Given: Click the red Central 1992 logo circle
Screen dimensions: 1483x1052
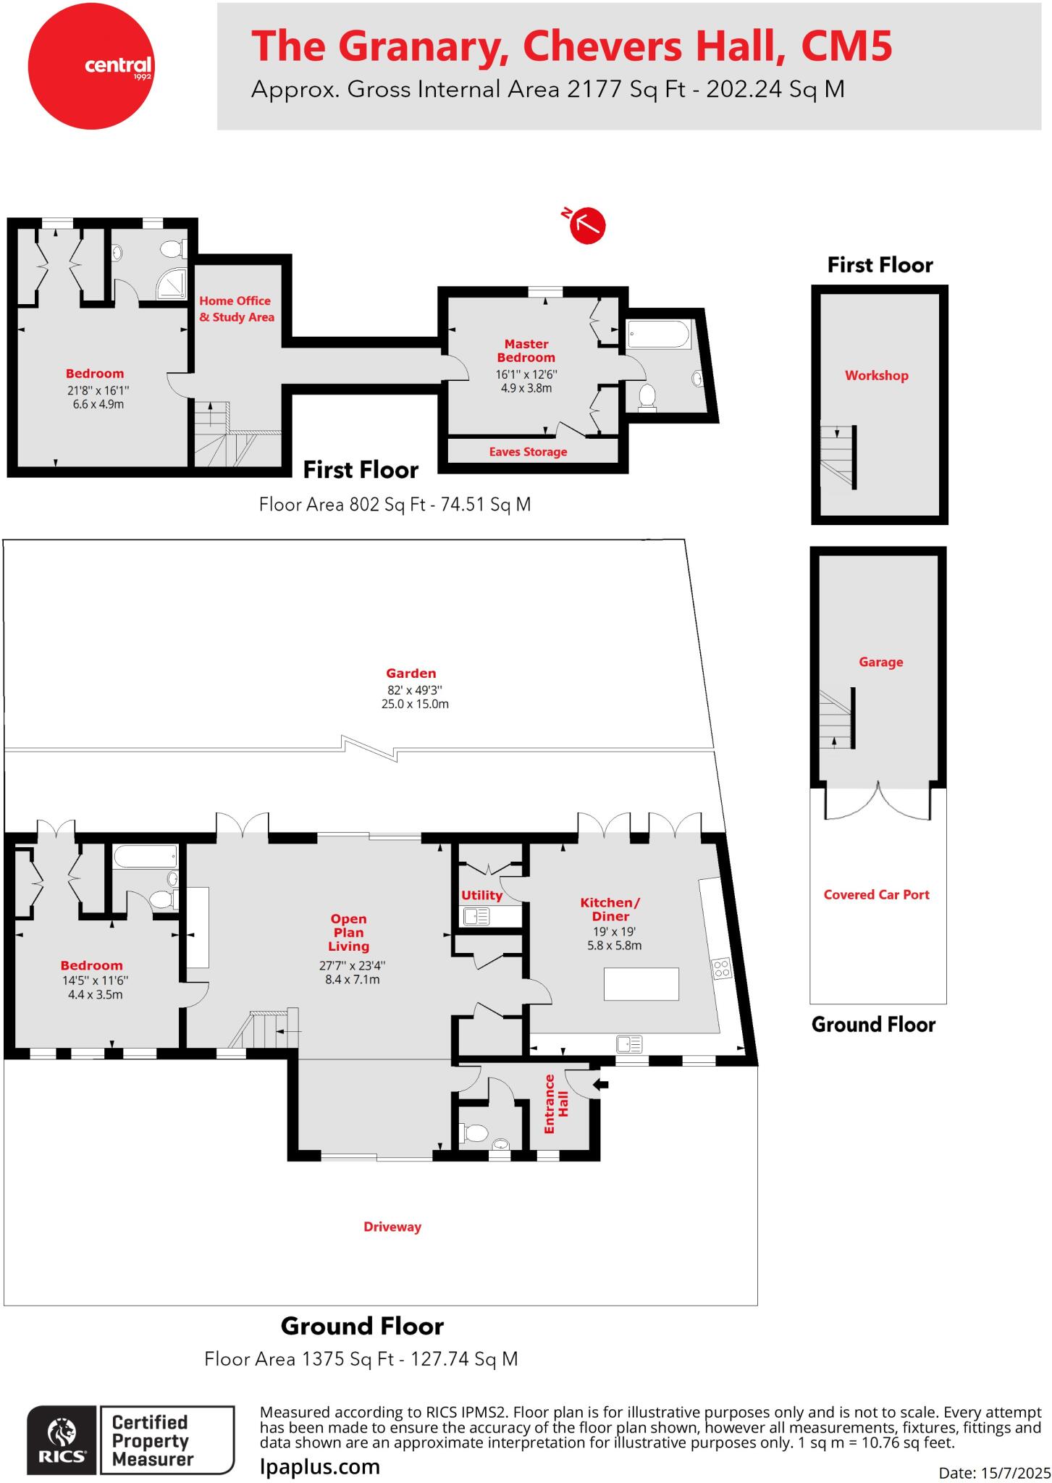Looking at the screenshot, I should coord(91,66).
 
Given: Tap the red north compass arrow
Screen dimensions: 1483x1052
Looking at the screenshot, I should coord(587,225).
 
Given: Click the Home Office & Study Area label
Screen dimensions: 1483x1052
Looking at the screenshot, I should coord(236,309).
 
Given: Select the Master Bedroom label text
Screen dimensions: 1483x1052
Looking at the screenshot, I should coord(526,350).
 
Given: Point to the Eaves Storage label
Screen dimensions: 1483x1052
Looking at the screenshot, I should coord(528,452).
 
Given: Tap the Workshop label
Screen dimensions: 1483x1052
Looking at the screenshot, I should coord(876,375).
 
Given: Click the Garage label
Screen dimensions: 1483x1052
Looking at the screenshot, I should coord(880,662).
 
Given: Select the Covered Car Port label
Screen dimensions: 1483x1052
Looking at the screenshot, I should coord(876,894).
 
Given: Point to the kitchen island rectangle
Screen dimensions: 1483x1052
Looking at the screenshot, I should coord(641,984).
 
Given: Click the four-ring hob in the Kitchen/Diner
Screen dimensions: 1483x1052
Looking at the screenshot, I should coord(722,968).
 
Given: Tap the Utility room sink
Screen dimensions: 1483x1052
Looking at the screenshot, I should coord(476,917).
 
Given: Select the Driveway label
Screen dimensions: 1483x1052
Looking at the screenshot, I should coord(392,1227).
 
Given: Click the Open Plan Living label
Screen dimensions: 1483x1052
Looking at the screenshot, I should coord(348,932).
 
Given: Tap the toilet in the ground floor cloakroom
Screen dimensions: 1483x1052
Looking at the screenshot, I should coord(476,1133).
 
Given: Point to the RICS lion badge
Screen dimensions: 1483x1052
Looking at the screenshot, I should coord(62,1440).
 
